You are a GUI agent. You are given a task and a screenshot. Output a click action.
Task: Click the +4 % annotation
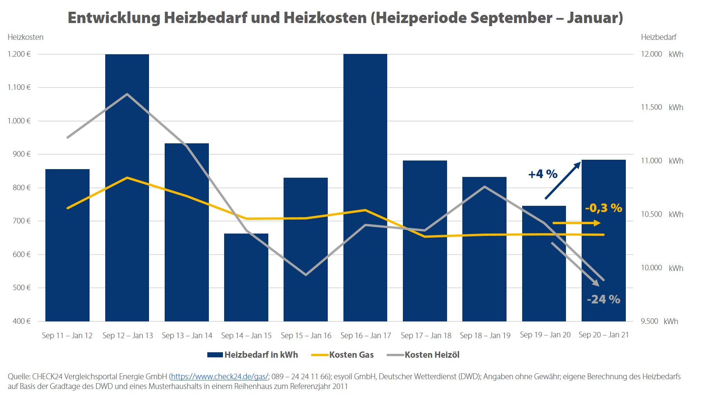(x=543, y=174)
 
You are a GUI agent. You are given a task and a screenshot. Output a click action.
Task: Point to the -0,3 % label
(x=604, y=208)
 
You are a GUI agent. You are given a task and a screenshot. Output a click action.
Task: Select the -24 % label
(x=604, y=300)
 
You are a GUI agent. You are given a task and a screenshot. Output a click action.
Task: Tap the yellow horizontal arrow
(x=576, y=223)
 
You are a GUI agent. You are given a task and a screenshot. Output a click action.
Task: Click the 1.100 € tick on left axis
(x=19, y=87)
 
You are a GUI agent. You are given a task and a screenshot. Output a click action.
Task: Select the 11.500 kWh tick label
(x=662, y=107)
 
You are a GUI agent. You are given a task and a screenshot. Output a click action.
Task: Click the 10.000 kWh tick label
(x=662, y=268)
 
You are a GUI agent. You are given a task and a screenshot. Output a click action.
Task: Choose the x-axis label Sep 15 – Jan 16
(x=306, y=335)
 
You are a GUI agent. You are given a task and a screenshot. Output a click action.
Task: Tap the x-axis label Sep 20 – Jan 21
(x=604, y=335)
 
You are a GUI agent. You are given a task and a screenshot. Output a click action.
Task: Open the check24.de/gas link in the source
(x=219, y=376)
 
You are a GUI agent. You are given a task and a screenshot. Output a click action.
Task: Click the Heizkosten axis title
(x=25, y=37)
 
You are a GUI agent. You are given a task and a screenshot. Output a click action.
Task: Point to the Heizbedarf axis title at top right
(x=658, y=37)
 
